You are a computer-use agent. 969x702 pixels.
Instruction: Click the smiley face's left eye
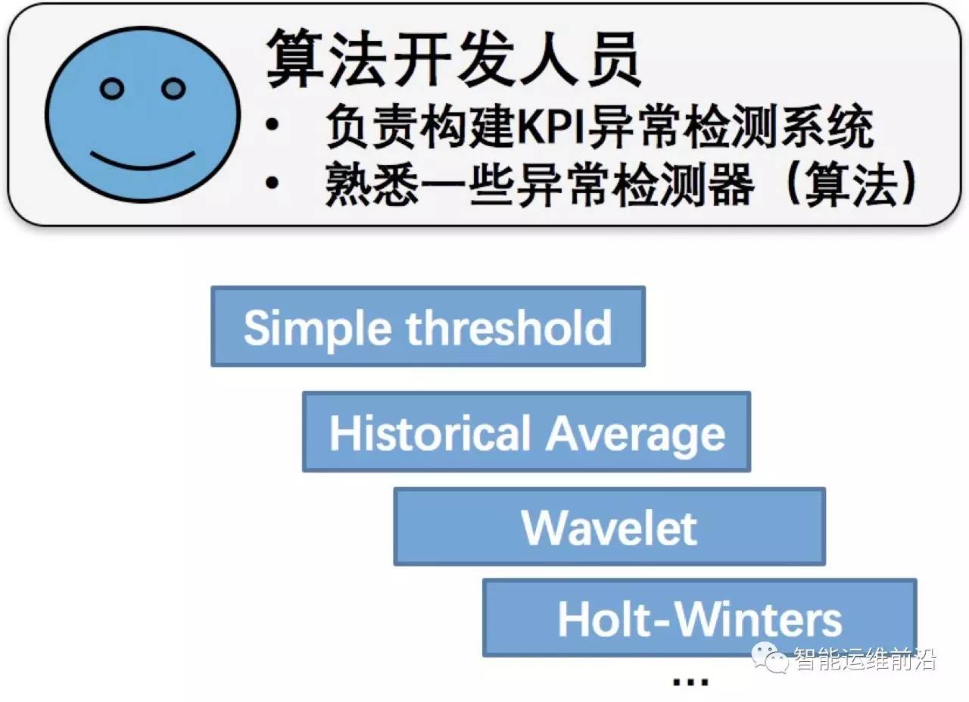click(112, 89)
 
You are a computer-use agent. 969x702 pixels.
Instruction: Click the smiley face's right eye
click(173, 89)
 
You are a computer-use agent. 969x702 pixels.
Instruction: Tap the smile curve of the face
click(142, 161)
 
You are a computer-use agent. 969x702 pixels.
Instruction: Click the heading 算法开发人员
click(453, 59)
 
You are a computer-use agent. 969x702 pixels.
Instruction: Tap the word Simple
click(318, 328)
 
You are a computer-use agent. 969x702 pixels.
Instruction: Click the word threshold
click(509, 327)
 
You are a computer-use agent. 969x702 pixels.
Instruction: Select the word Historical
click(430, 433)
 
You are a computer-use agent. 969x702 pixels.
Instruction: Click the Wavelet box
click(609, 527)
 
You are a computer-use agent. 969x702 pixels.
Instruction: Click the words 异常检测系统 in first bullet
click(731, 127)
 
